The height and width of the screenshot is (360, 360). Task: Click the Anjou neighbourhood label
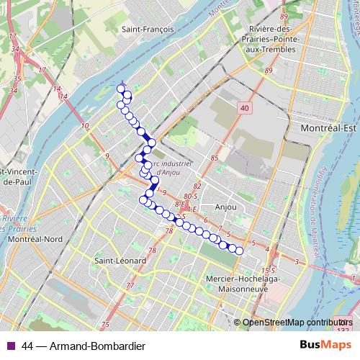pos(226,207)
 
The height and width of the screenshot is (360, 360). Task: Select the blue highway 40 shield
pos(245,107)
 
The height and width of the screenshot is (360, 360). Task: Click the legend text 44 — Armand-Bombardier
pos(80,346)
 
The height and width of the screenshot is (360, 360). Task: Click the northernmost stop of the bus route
pos(121,89)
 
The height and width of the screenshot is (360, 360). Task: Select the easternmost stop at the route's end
pos(240,251)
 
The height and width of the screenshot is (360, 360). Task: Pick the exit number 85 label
pos(215,158)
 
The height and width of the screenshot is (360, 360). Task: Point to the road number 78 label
pos(170,231)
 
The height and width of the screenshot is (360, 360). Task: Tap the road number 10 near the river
pos(86,127)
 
